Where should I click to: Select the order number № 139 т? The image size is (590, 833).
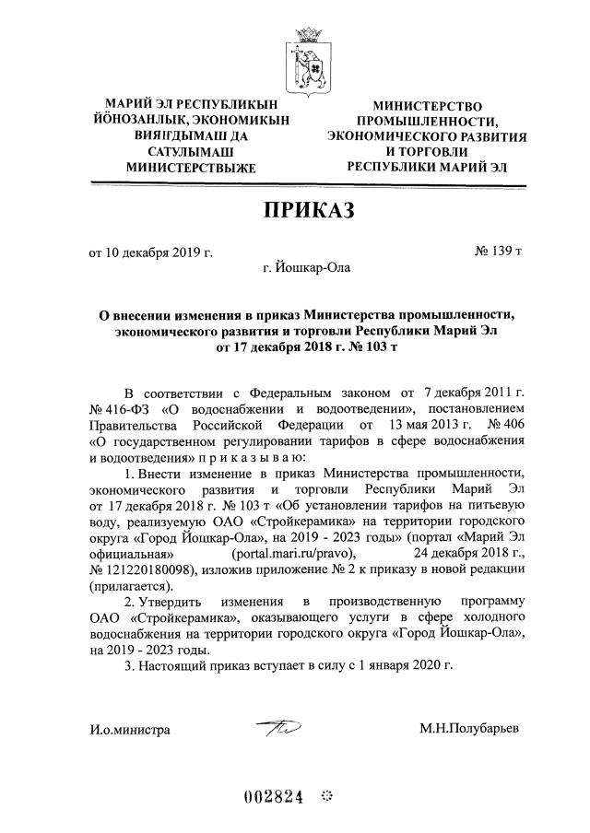[x=497, y=252]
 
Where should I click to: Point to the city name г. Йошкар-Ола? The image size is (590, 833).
[x=306, y=268]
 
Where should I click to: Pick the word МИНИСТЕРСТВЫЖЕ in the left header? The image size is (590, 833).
[x=191, y=168]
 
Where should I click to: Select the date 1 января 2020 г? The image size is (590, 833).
[x=403, y=664]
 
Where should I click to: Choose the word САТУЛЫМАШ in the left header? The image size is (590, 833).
[x=191, y=152]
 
